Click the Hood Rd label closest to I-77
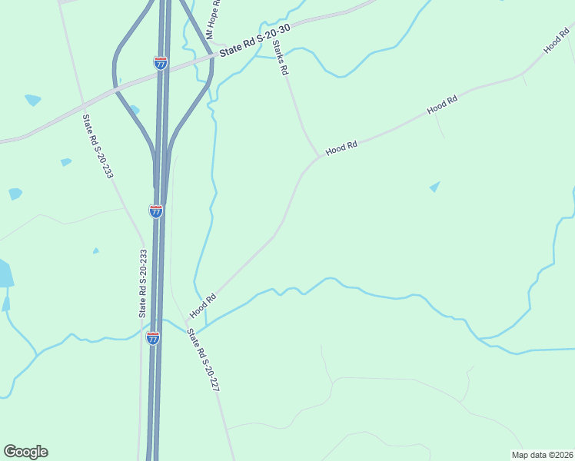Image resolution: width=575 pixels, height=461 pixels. tap(203, 305)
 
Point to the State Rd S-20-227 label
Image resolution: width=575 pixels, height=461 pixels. tap(204, 360)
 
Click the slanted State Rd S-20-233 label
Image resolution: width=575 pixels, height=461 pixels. tap(98, 146)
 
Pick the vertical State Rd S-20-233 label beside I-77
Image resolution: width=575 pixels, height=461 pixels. tap(142, 283)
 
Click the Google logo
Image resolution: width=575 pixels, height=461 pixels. tap(25, 452)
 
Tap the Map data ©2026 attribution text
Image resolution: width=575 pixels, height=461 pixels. tap(542, 455)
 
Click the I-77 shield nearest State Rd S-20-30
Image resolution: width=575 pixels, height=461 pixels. tap(160, 63)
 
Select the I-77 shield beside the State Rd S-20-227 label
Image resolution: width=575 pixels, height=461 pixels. tap(154, 337)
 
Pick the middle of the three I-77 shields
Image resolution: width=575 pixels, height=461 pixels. tap(156, 211)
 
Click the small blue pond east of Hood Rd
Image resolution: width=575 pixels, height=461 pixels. tap(435, 187)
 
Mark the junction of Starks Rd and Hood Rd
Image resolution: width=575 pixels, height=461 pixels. tap(318, 157)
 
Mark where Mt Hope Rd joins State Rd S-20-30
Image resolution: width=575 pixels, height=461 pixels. tap(214, 55)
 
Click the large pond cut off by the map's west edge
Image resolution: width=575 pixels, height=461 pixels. tap(5, 274)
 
